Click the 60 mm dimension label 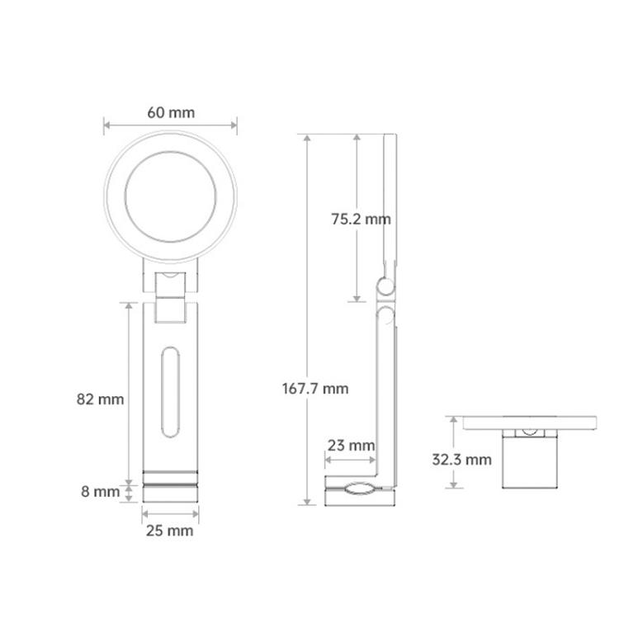tap(171, 112)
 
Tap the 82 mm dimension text tap(100, 399)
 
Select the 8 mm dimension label tap(100, 492)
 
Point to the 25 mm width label tap(170, 531)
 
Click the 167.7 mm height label tap(315, 389)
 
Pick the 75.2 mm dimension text tap(361, 219)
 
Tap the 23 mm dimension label tap(351, 446)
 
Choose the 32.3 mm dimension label tap(462, 460)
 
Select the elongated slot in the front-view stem tap(171, 392)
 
